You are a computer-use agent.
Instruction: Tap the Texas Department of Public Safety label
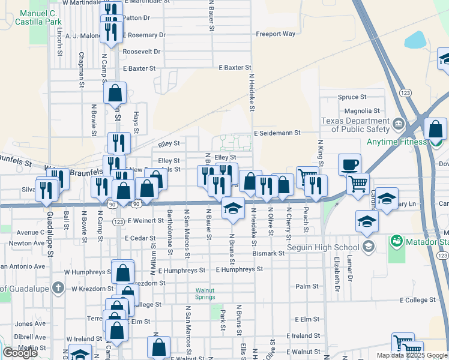(355, 124)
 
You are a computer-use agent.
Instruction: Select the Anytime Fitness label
(397, 142)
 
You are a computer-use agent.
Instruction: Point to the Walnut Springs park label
(205, 294)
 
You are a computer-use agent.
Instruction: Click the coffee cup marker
(349, 164)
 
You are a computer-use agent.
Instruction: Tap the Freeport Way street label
(276, 34)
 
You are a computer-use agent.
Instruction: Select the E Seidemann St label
(276, 133)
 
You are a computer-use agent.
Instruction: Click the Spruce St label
(352, 97)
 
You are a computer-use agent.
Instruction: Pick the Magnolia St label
(361, 111)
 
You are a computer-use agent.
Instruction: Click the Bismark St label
(268, 254)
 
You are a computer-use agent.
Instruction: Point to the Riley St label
(169, 144)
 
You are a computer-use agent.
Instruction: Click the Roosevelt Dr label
(142, 52)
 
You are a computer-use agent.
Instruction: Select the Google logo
(20, 353)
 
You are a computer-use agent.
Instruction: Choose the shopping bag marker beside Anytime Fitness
(435, 129)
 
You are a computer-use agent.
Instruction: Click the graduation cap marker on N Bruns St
(233, 208)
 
